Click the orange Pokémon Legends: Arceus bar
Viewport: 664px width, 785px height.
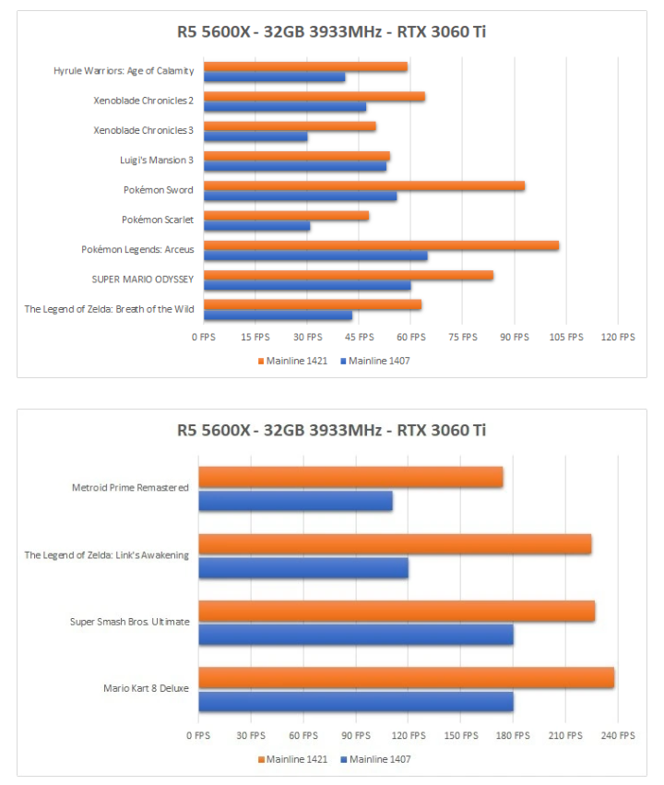pos(381,245)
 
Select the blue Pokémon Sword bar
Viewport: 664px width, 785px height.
pos(300,196)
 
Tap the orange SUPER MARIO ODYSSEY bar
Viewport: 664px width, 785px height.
pos(348,275)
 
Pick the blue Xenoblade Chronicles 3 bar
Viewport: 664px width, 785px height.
pos(255,137)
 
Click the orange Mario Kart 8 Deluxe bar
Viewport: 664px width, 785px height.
pos(406,678)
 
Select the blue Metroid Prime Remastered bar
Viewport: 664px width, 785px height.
pos(295,501)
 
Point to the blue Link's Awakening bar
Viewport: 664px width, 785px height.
pos(302,568)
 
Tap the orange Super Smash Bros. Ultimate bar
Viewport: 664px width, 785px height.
pos(397,612)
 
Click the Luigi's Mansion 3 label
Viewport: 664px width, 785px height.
pos(157,161)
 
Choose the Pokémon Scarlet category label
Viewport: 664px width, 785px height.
pos(157,220)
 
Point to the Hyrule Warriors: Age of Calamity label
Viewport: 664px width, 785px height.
pos(124,71)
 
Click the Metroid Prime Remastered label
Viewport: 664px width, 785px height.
pos(130,487)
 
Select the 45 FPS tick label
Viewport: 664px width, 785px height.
pos(360,338)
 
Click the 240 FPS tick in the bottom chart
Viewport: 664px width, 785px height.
pos(618,736)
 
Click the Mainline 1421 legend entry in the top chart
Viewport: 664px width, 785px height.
pos(291,361)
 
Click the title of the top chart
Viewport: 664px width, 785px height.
pos(332,32)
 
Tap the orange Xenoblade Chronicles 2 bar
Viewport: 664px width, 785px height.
pos(314,97)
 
